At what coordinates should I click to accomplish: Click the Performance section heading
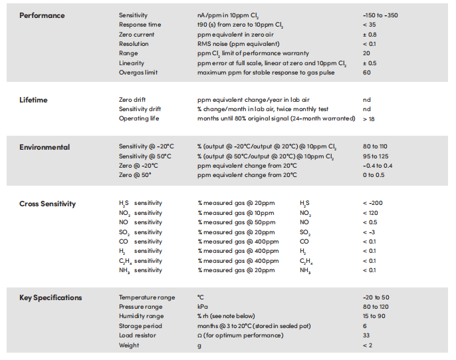(42, 15)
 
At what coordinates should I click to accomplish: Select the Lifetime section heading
(33, 100)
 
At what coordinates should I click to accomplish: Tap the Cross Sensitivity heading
(47, 204)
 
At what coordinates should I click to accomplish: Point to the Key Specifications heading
(51, 297)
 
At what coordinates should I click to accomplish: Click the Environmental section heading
(45, 147)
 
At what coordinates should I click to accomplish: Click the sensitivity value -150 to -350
(380, 15)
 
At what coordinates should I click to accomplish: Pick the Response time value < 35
(369, 25)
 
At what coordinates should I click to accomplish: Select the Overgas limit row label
(138, 73)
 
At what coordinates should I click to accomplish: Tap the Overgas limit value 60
(366, 73)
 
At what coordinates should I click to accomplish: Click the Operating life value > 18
(368, 119)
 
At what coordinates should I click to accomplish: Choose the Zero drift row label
(132, 100)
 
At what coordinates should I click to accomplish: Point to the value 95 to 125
(376, 156)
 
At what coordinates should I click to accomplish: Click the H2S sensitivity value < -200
(372, 203)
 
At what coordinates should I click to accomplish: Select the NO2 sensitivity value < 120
(370, 213)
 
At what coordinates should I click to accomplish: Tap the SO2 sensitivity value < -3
(369, 232)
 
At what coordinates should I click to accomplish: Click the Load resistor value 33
(366, 335)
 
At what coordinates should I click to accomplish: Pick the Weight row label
(129, 345)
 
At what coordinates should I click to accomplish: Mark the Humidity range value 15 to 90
(374, 316)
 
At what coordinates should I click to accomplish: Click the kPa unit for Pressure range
(202, 307)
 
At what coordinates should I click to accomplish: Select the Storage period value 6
(365, 326)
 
